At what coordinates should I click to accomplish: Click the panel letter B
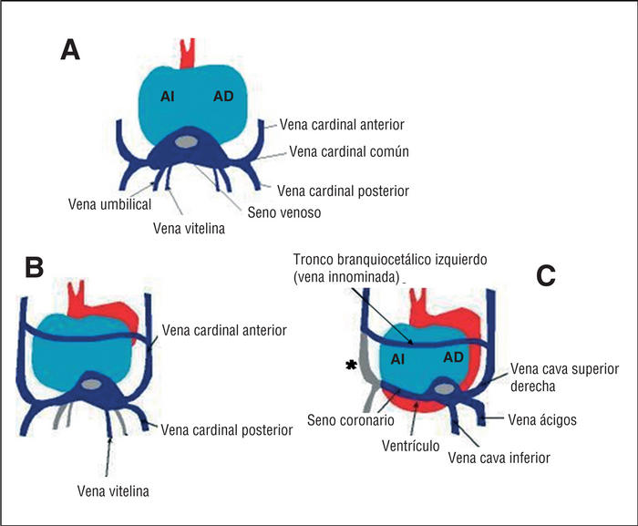(x=35, y=267)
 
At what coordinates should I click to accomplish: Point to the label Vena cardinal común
(x=348, y=152)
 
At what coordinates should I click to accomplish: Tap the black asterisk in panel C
(x=348, y=366)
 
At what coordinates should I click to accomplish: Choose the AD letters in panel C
(x=454, y=357)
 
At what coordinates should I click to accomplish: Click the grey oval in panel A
(x=186, y=142)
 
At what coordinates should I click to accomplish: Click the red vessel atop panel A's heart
(x=189, y=53)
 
